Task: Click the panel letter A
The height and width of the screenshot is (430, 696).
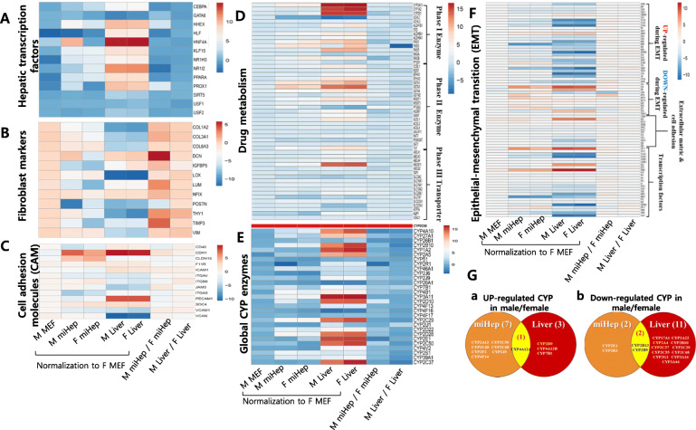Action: point(8,12)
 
